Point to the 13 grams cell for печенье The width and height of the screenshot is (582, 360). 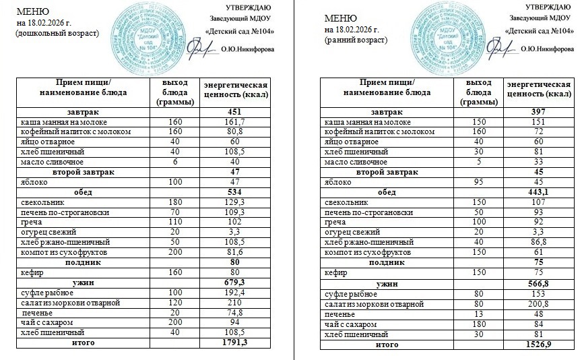point(479,314)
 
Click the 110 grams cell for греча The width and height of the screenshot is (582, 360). point(175,221)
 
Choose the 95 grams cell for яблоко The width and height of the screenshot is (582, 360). point(479,182)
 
